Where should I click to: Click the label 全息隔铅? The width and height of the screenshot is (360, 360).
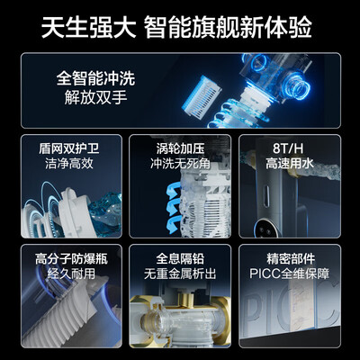point(180,257)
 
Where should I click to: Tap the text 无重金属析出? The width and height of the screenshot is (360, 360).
point(180,274)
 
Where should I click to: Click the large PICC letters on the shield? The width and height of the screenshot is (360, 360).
point(288,319)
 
